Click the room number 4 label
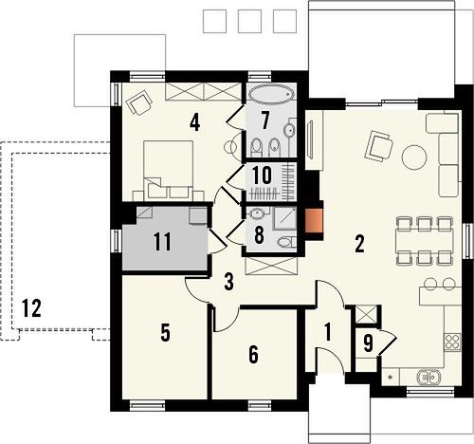point(195,123)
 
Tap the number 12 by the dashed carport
point(31,308)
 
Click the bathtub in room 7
point(272,94)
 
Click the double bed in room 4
point(168,170)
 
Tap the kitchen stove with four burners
point(452,342)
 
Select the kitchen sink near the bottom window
point(429,377)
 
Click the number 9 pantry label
point(368,343)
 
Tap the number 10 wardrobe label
point(262,176)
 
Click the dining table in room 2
point(425,241)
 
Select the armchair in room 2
point(379,146)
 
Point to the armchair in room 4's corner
point(139,102)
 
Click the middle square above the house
point(249,21)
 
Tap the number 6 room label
point(253,354)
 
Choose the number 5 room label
point(165,333)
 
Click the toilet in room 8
point(287,242)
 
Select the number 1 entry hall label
point(328,332)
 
